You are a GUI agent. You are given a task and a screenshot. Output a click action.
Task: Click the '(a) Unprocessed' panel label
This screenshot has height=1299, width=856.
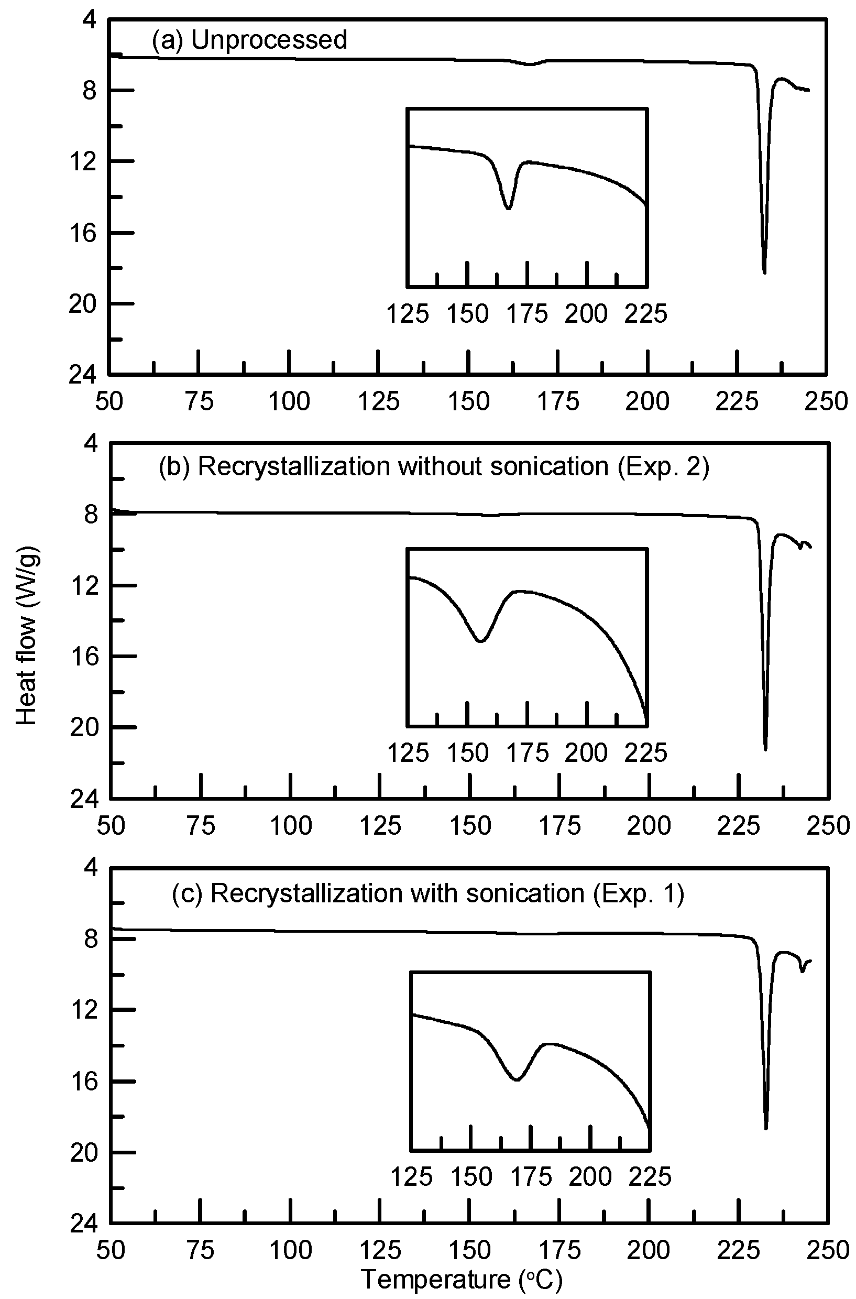click(x=249, y=40)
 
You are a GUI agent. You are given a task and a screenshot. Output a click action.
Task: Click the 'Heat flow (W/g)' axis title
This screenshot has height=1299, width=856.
click(x=26, y=636)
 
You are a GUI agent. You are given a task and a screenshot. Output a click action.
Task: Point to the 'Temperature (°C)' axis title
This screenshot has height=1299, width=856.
click(x=462, y=1279)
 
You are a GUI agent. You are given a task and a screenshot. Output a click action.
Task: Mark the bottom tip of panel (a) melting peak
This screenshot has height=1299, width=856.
click(x=764, y=272)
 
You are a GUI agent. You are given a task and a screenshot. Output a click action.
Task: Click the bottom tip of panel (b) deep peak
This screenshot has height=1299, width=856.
click(x=765, y=750)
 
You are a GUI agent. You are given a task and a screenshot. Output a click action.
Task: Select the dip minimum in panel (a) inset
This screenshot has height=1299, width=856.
click(x=508, y=208)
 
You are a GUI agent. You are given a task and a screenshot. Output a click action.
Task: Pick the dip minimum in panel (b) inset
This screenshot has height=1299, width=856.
click(x=480, y=641)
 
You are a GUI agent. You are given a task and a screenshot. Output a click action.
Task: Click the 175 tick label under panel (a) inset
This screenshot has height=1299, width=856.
click(x=527, y=314)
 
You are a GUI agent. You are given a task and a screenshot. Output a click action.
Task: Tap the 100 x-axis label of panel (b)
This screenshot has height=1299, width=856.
click(x=291, y=826)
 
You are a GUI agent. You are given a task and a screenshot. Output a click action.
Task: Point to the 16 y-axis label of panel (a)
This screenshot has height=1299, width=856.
click(x=82, y=233)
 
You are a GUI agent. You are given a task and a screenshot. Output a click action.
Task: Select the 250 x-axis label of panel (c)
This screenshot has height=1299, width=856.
click(x=828, y=1250)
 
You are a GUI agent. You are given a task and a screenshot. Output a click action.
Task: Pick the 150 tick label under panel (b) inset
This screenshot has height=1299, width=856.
click(x=468, y=754)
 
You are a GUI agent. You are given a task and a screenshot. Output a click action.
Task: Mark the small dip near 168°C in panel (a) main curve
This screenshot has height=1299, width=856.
click(x=531, y=64)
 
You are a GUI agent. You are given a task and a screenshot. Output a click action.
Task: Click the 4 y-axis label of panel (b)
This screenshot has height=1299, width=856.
click(x=91, y=443)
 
